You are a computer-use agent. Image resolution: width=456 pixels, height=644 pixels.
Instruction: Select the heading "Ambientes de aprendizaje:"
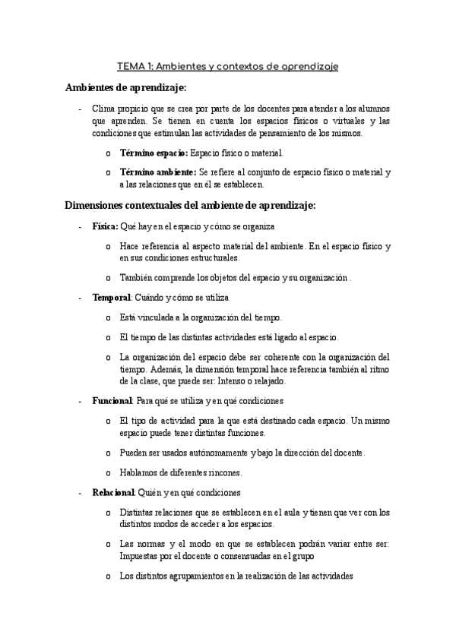125,87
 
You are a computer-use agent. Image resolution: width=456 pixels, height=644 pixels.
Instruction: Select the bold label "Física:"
105,226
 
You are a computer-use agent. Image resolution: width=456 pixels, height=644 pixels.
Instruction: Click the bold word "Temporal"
112,298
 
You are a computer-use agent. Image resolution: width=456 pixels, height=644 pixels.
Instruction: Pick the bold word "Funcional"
113,400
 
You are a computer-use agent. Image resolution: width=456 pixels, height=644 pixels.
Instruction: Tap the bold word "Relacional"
113,492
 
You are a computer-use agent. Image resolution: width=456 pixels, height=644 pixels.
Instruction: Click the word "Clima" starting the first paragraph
104,109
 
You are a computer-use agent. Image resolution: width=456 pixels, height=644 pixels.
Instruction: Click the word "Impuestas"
140,557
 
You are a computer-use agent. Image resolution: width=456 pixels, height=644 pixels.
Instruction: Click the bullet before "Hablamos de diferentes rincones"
110,472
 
